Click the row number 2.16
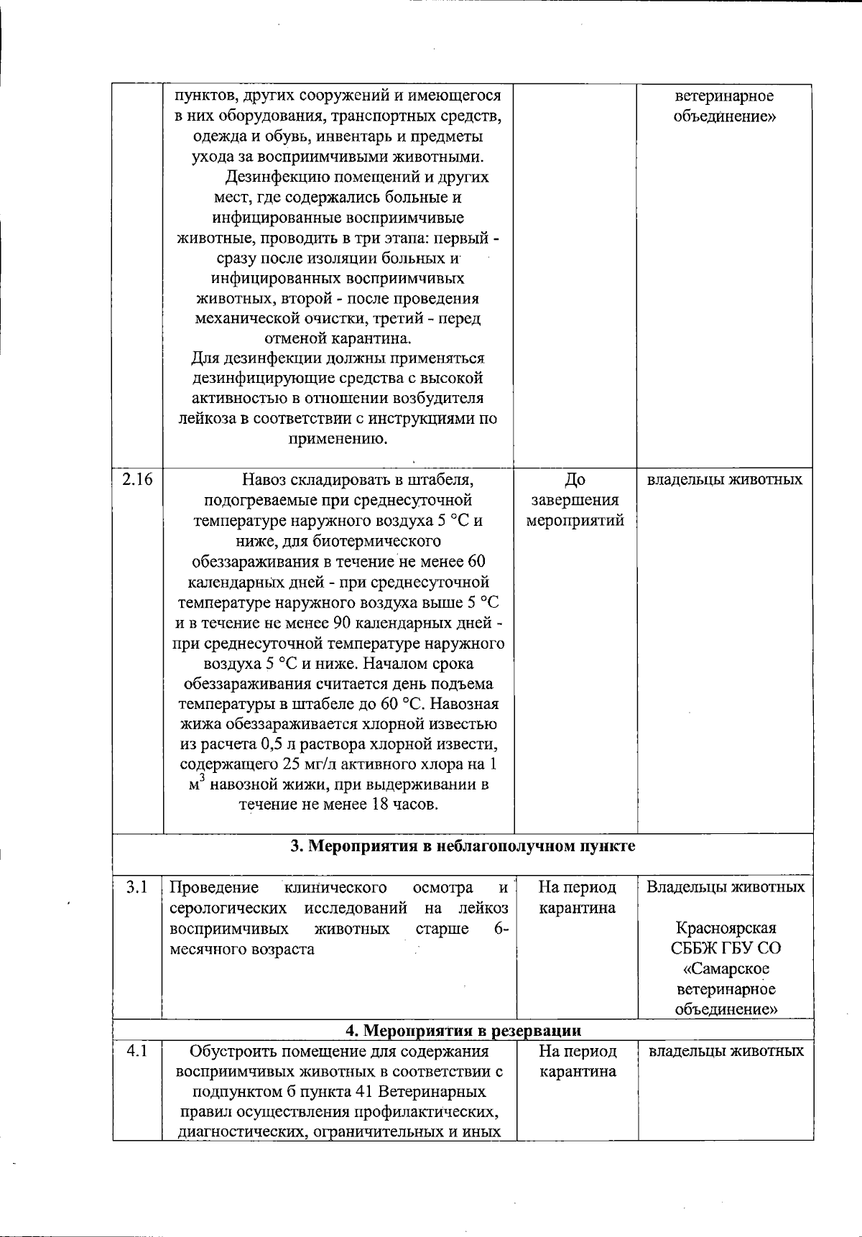click(137, 479)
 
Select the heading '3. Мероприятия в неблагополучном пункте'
click(463, 846)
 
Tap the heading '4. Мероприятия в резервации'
click(463, 1031)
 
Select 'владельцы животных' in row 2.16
click(725, 479)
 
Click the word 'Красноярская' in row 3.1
click(726, 928)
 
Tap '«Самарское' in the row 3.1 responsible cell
click(726, 968)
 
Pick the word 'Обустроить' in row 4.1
click(228, 1051)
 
